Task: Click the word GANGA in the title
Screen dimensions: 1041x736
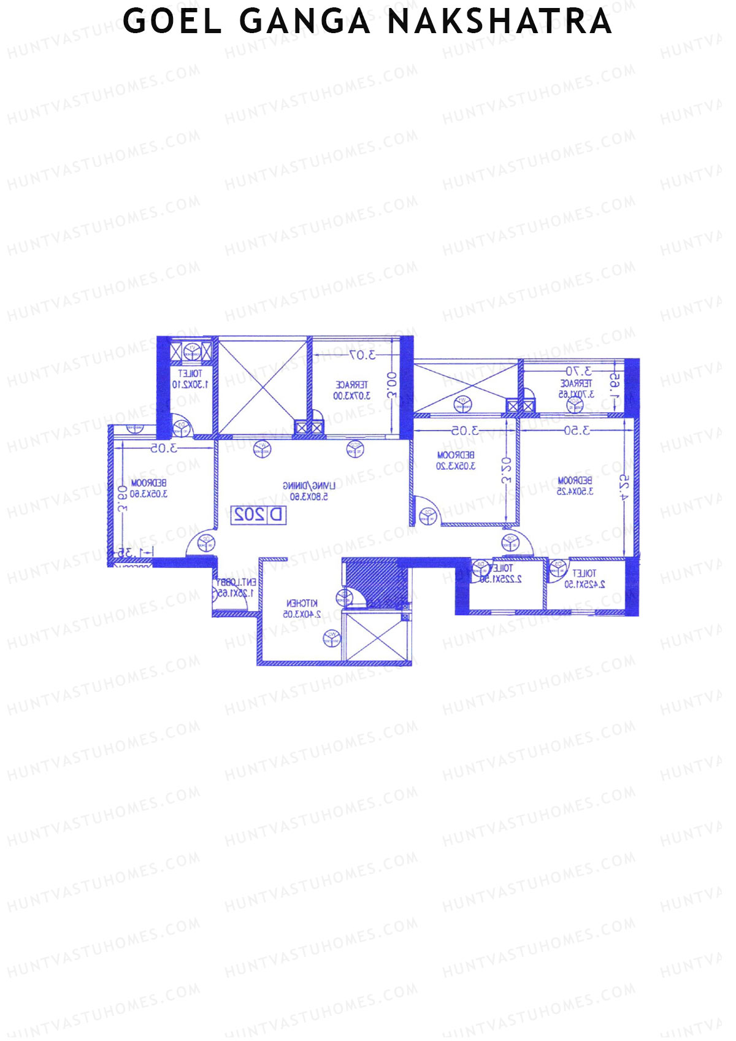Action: click(x=305, y=21)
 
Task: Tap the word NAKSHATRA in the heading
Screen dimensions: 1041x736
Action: click(x=500, y=21)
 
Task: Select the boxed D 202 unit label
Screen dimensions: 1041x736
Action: click(x=259, y=515)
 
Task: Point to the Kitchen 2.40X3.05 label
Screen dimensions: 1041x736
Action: click(x=301, y=609)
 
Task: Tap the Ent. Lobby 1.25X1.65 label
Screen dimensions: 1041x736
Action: click(x=236, y=588)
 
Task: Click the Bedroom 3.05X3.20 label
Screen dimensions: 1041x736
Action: click(x=456, y=461)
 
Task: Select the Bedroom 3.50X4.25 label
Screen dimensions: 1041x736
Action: click(x=575, y=486)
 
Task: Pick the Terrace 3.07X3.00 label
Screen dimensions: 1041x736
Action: click(x=351, y=390)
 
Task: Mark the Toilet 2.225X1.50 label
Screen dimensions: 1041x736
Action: click(x=501, y=574)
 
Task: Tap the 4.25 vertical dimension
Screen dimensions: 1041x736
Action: click(x=624, y=488)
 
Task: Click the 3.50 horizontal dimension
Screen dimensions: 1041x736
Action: click(x=577, y=431)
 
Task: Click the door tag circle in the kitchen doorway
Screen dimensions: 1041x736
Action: click(x=345, y=596)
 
